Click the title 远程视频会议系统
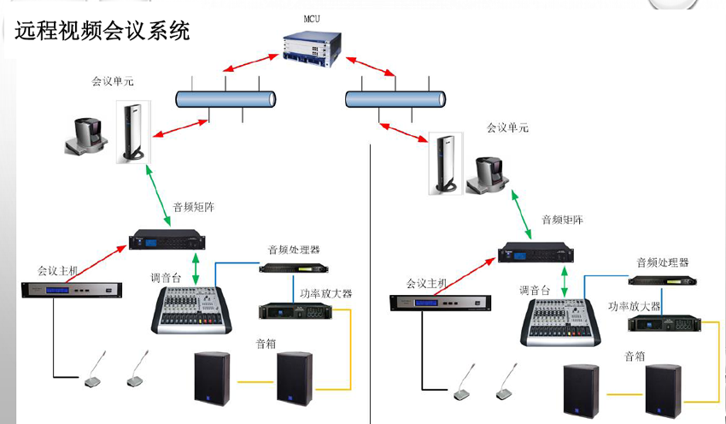pos(102,32)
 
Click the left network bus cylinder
pos(225,98)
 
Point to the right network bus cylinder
pos(396,98)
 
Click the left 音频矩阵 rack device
pos(167,239)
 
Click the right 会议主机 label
pos(427,283)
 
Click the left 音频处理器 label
pos(293,250)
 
